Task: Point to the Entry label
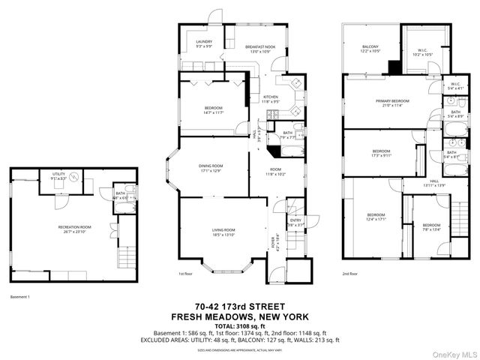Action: point(295,221)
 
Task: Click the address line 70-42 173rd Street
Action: point(239,307)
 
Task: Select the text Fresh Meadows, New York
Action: point(239,316)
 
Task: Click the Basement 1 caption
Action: point(19,297)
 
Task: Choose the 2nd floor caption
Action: point(349,274)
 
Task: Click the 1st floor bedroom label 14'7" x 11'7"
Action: point(213,110)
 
